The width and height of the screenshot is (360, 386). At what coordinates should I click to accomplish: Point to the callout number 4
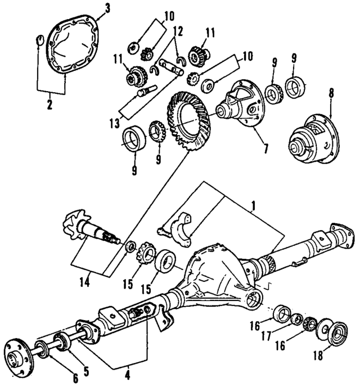pos(128,373)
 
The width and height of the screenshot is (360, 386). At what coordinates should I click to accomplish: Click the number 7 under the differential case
pos(265,150)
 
